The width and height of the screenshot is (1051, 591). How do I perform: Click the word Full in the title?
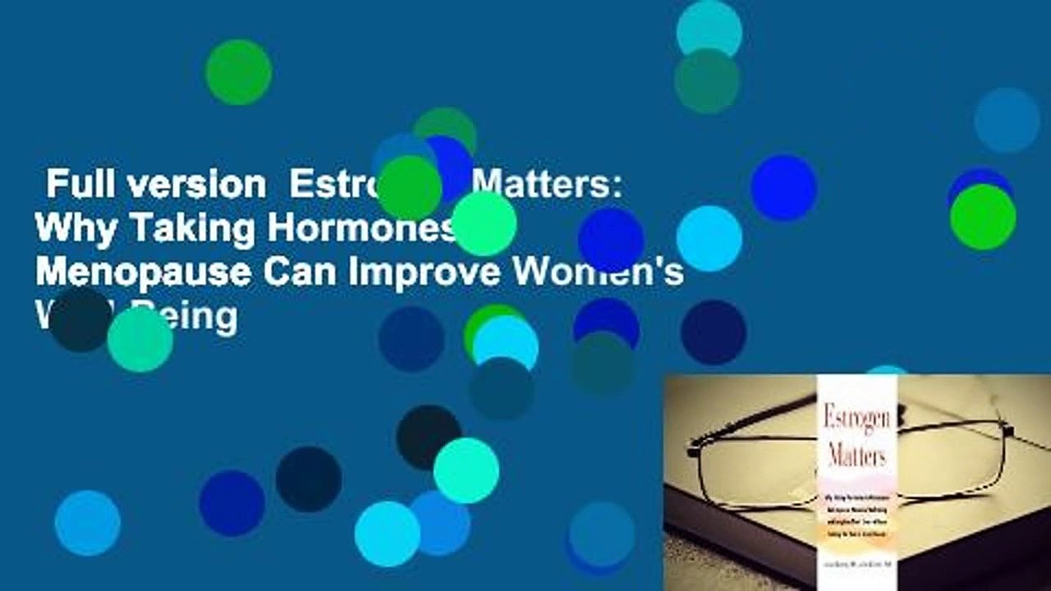pos(75,186)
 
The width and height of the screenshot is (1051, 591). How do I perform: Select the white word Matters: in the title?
pos(546,186)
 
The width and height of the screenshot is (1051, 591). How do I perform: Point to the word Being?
pos(201,318)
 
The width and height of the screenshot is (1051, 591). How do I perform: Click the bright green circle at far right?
pos(983,217)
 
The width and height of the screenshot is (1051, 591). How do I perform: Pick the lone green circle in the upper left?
pos(238,72)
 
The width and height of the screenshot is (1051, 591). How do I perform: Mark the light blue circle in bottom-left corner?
pos(87,523)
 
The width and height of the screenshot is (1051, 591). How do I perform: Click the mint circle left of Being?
pos(140,339)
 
